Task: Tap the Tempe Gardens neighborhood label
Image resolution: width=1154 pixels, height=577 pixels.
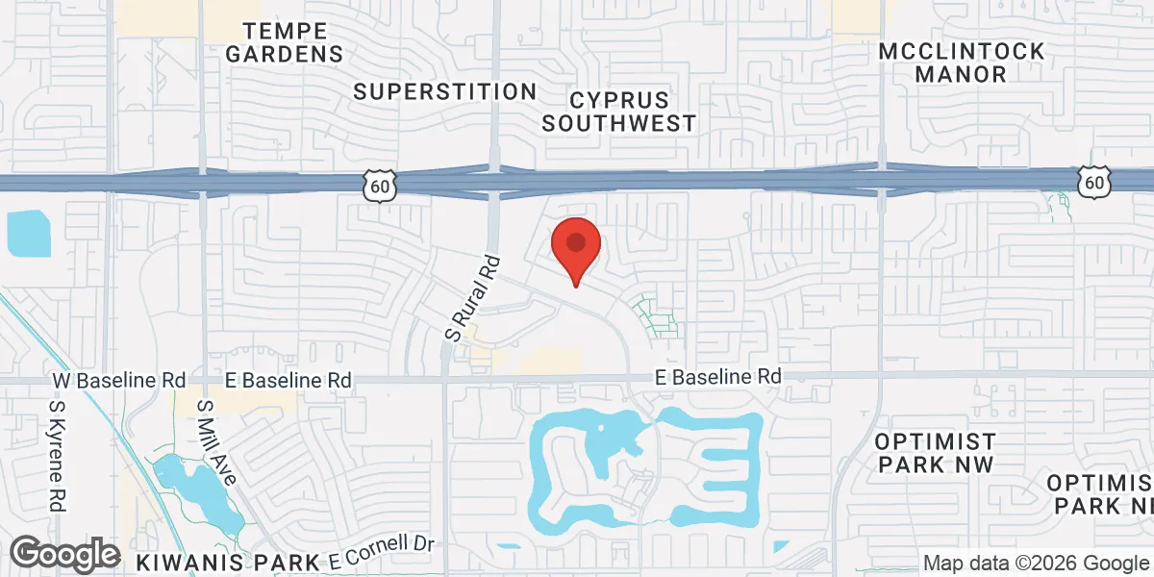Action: click(x=285, y=41)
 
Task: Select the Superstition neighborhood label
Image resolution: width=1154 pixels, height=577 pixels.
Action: click(x=444, y=91)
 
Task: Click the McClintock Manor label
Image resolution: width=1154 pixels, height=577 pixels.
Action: click(x=961, y=62)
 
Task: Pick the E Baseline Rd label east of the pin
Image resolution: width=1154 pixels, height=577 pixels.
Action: click(x=718, y=376)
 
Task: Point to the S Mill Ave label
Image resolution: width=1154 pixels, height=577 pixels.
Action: click(x=216, y=442)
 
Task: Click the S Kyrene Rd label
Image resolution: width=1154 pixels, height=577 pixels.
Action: click(x=56, y=456)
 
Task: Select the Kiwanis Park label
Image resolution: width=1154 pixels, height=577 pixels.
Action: click(x=227, y=561)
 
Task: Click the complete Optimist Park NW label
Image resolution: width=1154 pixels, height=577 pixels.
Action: click(x=935, y=453)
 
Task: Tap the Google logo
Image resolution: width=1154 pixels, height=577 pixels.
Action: click(x=64, y=554)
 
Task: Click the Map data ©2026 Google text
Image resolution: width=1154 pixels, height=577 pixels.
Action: click(x=1035, y=563)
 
